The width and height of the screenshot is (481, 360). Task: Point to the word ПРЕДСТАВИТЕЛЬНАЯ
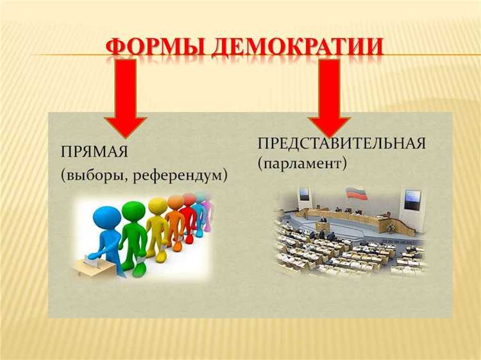(341, 143)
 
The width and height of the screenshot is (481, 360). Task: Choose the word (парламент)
(302, 164)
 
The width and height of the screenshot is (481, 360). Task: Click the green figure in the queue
(133, 234)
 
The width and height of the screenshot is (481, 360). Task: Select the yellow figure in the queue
(157, 228)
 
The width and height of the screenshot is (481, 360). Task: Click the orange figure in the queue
(174, 225)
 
